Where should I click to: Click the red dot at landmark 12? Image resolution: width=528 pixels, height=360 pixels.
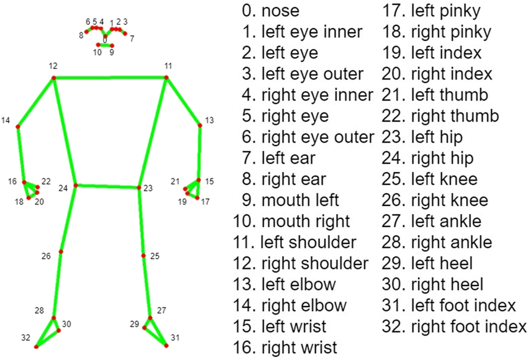(x=53, y=78)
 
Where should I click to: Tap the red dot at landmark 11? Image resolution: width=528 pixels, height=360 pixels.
(x=167, y=78)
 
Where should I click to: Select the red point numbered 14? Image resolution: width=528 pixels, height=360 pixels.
(x=17, y=127)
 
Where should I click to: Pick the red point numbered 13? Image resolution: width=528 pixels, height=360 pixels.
(x=200, y=125)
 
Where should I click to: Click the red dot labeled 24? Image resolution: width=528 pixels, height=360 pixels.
(x=76, y=185)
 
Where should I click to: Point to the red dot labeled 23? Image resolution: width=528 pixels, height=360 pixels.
(x=139, y=187)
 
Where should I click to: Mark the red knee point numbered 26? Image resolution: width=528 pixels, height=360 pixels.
(x=61, y=251)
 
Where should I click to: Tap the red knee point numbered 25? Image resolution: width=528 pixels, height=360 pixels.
(x=143, y=256)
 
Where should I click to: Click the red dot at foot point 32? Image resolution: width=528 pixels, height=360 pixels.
(x=36, y=346)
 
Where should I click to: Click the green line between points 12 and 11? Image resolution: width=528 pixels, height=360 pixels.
(x=111, y=78)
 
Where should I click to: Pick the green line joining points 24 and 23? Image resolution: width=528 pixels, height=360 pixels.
(x=107, y=186)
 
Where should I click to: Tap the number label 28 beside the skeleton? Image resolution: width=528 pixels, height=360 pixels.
(x=40, y=310)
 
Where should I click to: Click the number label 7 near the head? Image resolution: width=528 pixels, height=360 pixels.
(x=132, y=38)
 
